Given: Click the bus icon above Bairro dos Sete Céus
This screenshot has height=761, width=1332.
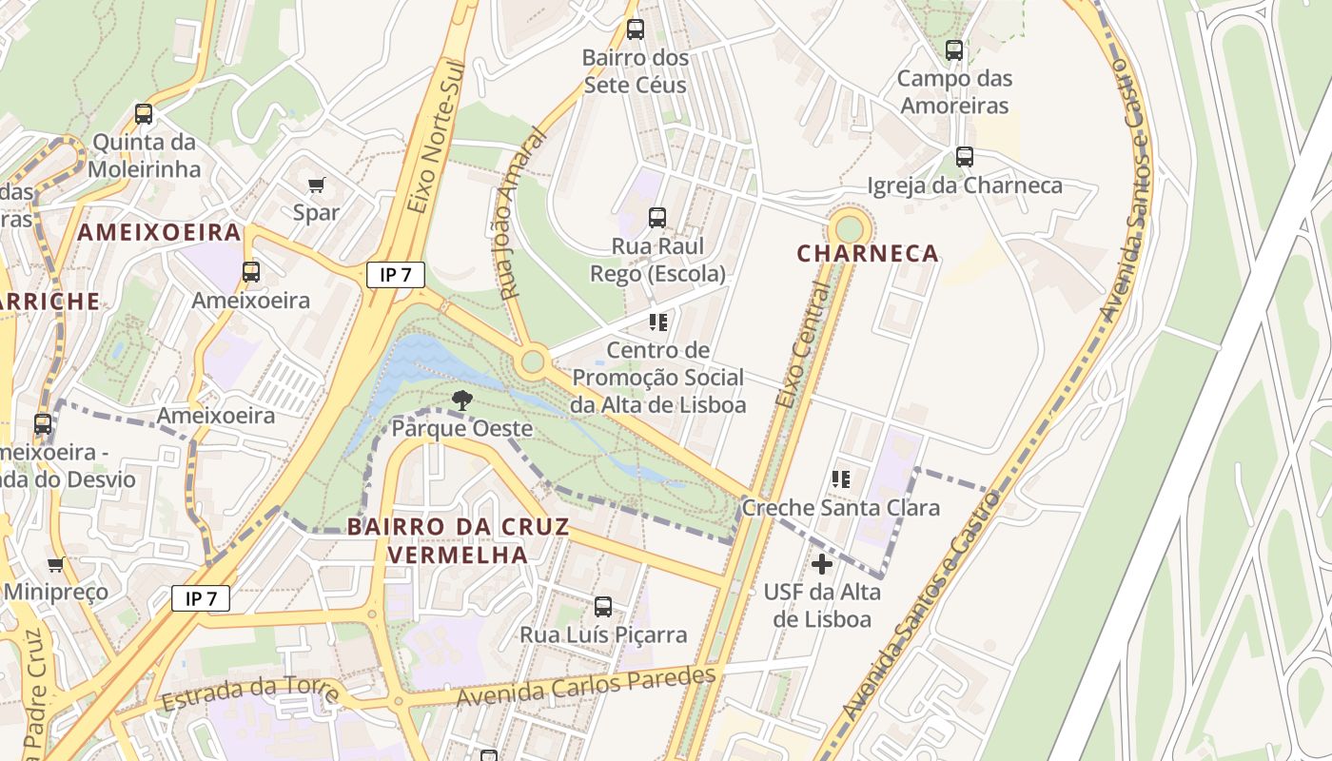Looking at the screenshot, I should pos(635,29).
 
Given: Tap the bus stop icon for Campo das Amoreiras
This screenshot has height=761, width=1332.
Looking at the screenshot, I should pos(953,50).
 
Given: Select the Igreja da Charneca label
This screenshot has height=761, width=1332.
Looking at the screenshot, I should pos(964,185).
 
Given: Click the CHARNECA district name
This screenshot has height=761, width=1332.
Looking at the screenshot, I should pos(868,254).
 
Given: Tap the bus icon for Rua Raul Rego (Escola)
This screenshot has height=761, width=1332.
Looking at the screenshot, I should pos(657,218).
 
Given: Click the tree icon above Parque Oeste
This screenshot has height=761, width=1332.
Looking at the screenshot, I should pos(462,400).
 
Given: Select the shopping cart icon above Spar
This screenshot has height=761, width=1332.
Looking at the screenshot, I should pos(316,185).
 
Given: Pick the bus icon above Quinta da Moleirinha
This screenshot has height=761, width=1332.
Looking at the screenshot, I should pos(144,114).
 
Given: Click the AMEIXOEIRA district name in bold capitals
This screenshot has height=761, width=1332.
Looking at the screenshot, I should pos(159,233).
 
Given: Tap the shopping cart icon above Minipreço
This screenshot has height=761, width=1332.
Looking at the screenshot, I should pos(56,565).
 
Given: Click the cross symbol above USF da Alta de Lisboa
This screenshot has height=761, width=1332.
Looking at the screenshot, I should pos(822,564).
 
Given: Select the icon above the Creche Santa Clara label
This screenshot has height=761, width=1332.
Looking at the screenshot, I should pos(841,479).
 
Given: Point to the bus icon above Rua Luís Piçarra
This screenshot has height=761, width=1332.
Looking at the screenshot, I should pos(603,607).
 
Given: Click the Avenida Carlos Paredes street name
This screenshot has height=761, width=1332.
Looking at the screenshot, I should pos(585,687).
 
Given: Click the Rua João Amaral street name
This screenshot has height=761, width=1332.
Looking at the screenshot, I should pos(521,215).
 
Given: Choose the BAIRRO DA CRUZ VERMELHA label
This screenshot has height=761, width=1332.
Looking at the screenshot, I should pos(458,540).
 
